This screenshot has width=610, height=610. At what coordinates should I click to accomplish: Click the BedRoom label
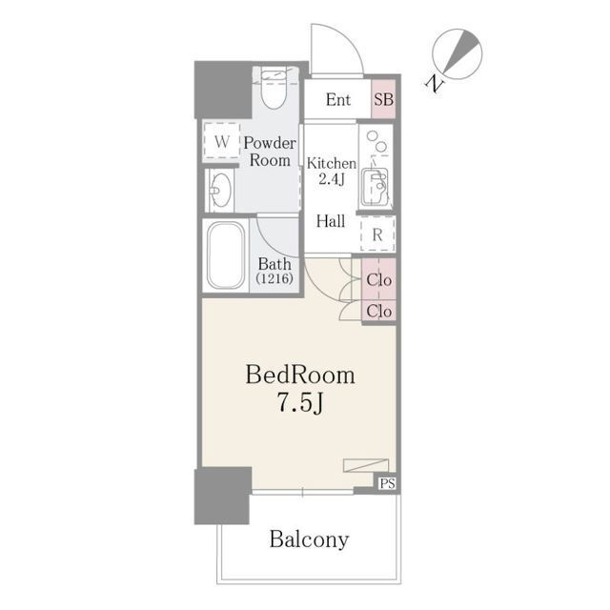(x=300, y=375)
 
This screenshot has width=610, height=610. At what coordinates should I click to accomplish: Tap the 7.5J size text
(x=300, y=402)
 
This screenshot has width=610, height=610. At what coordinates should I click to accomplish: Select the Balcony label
(x=309, y=539)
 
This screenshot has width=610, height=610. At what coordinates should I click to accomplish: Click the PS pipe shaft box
(x=388, y=483)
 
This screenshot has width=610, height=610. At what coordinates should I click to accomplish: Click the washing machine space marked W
(x=221, y=141)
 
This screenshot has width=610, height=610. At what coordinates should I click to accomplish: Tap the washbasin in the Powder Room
(x=220, y=191)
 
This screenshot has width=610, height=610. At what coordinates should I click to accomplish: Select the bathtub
(x=226, y=255)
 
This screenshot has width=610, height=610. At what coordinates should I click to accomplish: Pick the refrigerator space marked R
(x=377, y=234)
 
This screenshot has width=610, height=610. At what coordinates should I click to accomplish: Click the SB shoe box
(x=383, y=99)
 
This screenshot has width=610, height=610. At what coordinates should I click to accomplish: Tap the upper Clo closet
(x=379, y=279)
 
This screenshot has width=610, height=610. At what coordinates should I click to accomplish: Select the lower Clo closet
(x=379, y=311)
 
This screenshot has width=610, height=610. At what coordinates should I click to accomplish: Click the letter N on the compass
(x=435, y=84)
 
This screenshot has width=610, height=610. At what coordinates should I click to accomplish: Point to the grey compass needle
(x=461, y=51)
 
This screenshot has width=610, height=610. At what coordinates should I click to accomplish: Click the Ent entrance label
(x=338, y=99)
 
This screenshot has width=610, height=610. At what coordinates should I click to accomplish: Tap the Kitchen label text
(x=332, y=163)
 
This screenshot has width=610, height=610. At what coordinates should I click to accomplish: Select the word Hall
(x=331, y=221)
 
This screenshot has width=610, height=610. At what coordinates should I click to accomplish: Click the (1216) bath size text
(x=274, y=278)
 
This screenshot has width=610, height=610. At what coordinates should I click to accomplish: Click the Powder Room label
(x=270, y=152)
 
